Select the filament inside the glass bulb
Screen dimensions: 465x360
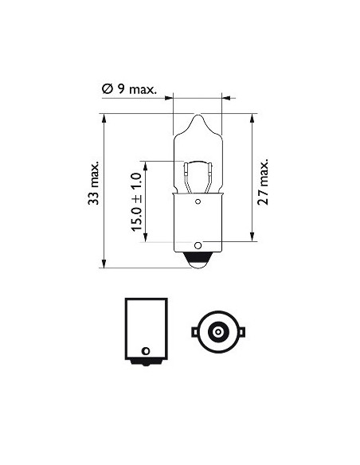pos(198,169)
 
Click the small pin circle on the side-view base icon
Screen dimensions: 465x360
pos(145,350)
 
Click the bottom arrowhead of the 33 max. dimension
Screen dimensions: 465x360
pos(105,266)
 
